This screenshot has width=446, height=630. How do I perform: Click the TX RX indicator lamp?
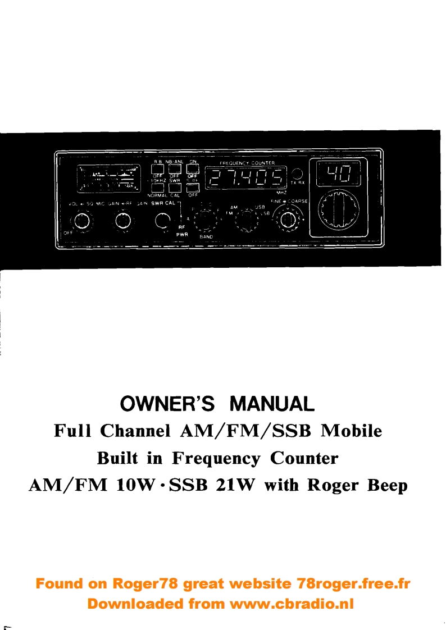coord(298,175)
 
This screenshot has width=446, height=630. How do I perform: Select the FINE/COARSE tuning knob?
coord(288,219)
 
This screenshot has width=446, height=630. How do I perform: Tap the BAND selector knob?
coord(204,218)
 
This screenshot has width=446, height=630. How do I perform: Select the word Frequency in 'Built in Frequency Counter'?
coord(216,458)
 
